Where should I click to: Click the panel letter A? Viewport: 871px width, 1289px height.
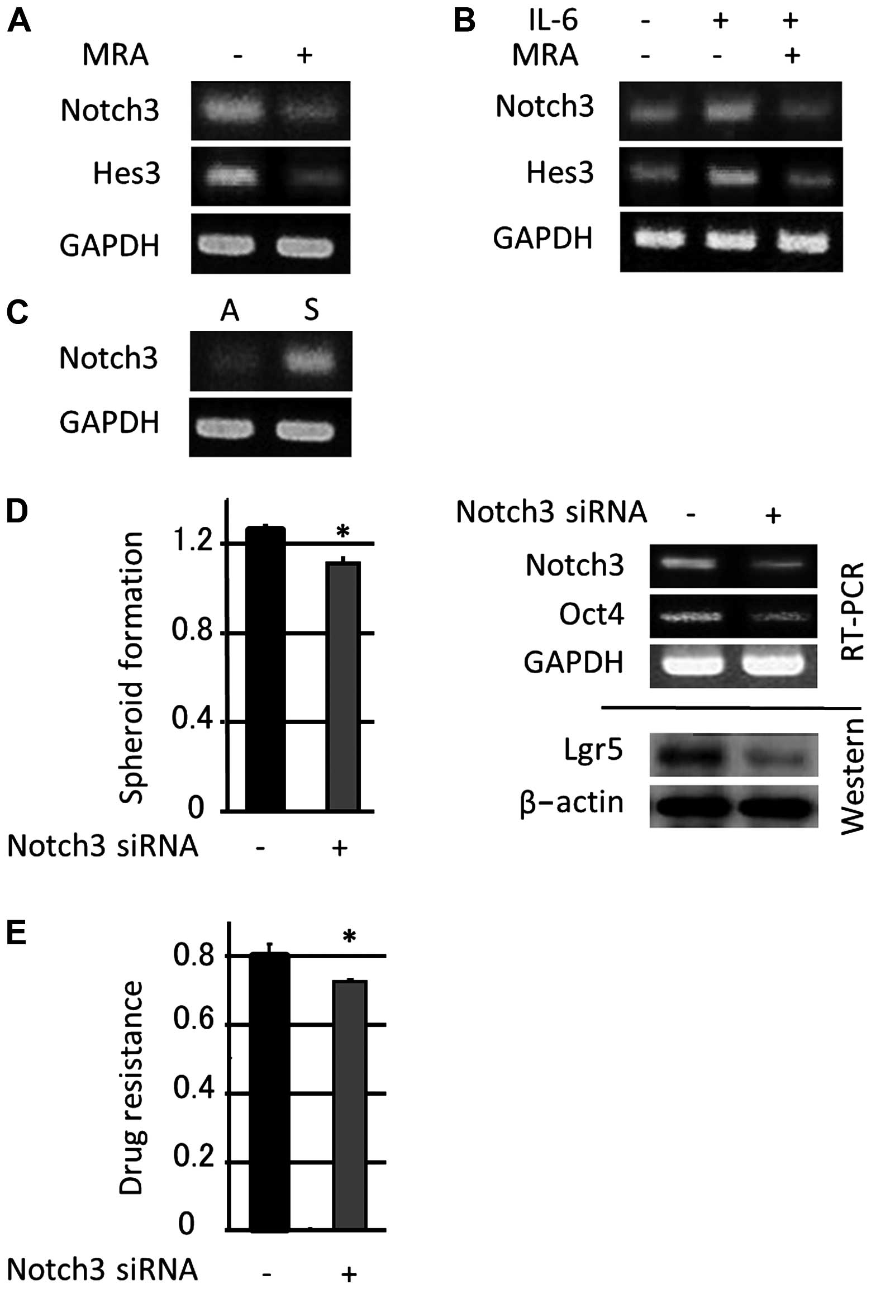point(18,22)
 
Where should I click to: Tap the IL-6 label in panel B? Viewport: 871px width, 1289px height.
point(553,21)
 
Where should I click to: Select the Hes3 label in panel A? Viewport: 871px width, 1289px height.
point(127,173)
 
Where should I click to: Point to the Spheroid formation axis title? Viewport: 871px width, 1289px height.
point(132,668)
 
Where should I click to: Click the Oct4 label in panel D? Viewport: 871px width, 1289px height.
point(591,615)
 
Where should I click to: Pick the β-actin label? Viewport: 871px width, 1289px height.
point(571,802)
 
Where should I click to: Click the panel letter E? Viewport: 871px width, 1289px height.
point(17,933)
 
